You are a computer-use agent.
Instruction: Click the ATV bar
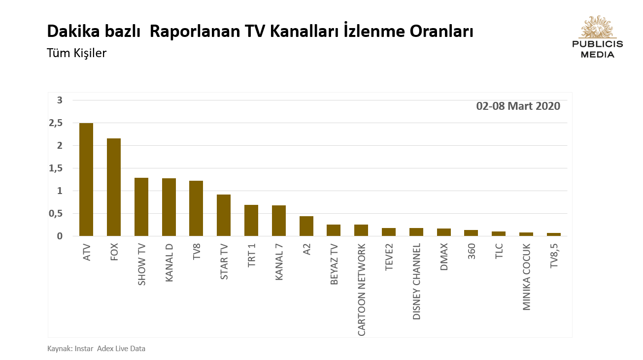point(86,180)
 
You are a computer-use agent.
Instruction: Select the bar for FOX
point(114,187)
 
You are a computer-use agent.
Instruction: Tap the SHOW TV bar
point(141,207)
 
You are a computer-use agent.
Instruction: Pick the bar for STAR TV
point(224,215)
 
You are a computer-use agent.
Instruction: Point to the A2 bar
point(306,226)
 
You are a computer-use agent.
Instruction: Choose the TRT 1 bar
point(251,221)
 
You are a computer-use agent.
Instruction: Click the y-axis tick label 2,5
point(56,123)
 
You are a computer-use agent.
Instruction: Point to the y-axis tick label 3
point(60,100)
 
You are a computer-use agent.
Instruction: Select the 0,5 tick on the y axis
point(56,213)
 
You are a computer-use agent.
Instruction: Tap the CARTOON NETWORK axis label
point(362,290)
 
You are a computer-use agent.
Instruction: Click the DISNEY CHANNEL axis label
point(417,281)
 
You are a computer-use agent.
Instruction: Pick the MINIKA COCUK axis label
point(527,277)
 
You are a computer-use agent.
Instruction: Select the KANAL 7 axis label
point(279,262)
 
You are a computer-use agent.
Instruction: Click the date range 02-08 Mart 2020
point(518,106)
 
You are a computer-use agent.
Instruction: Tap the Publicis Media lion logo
point(597,27)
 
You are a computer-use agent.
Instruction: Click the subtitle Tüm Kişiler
point(76,53)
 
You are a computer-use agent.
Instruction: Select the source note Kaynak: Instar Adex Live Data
point(96,349)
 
